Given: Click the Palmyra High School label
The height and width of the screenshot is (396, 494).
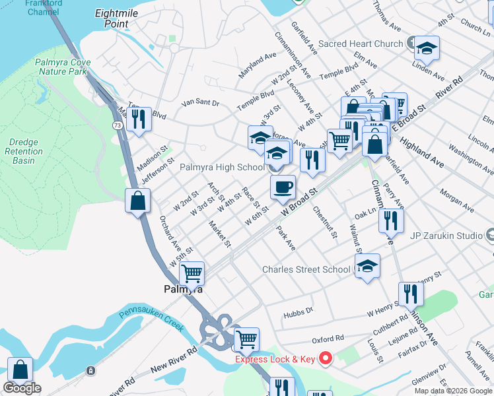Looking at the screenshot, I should (222, 167).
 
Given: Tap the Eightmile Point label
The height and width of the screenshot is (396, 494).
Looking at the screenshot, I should (112, 18).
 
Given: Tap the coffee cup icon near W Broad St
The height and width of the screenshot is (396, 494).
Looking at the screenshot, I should (283, 187).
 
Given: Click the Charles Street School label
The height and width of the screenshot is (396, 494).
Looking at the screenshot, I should (306, 269).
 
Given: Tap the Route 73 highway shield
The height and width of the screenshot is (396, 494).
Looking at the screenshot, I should (117, 124).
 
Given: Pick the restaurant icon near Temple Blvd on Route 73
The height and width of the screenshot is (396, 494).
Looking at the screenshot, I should (138, 119).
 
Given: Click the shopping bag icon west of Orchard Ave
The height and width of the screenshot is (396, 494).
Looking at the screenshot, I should (137, 201).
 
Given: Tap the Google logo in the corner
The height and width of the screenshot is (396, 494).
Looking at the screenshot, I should (22, 388).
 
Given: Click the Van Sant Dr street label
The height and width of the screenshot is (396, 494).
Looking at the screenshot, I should (200, 103).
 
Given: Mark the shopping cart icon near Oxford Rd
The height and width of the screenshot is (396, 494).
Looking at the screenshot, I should (246, 339).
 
